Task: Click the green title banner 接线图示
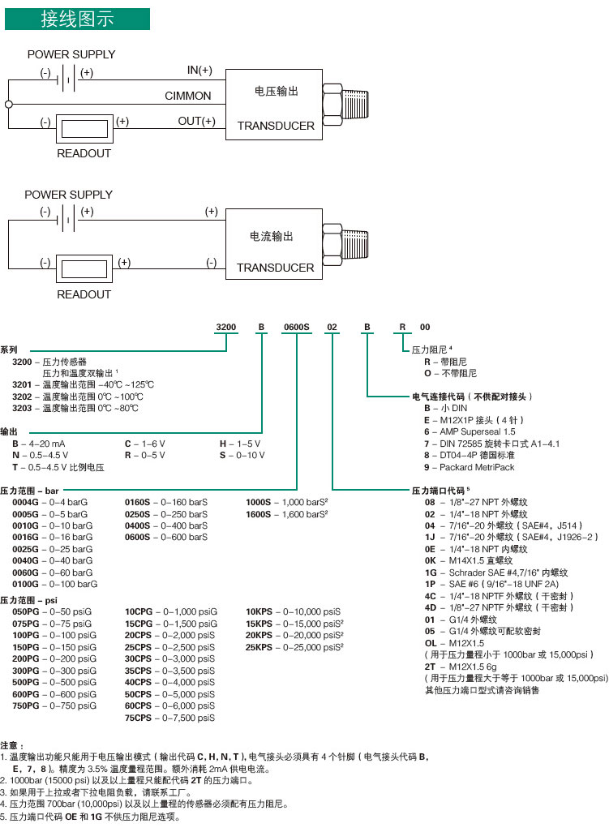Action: point(77,19)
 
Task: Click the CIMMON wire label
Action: point(187,96)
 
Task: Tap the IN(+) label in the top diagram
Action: point(199,71)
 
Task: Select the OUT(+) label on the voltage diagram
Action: point(196,122)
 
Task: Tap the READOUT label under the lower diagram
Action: point(84,295)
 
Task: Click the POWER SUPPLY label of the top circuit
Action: point(71,54)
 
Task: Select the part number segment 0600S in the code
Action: point(296,327)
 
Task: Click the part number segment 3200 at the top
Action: point(225,327)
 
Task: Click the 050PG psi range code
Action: point(25,611)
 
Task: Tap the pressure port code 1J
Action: point(429,537)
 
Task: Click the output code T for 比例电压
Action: point(15,468)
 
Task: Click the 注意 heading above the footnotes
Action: point(12,744)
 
